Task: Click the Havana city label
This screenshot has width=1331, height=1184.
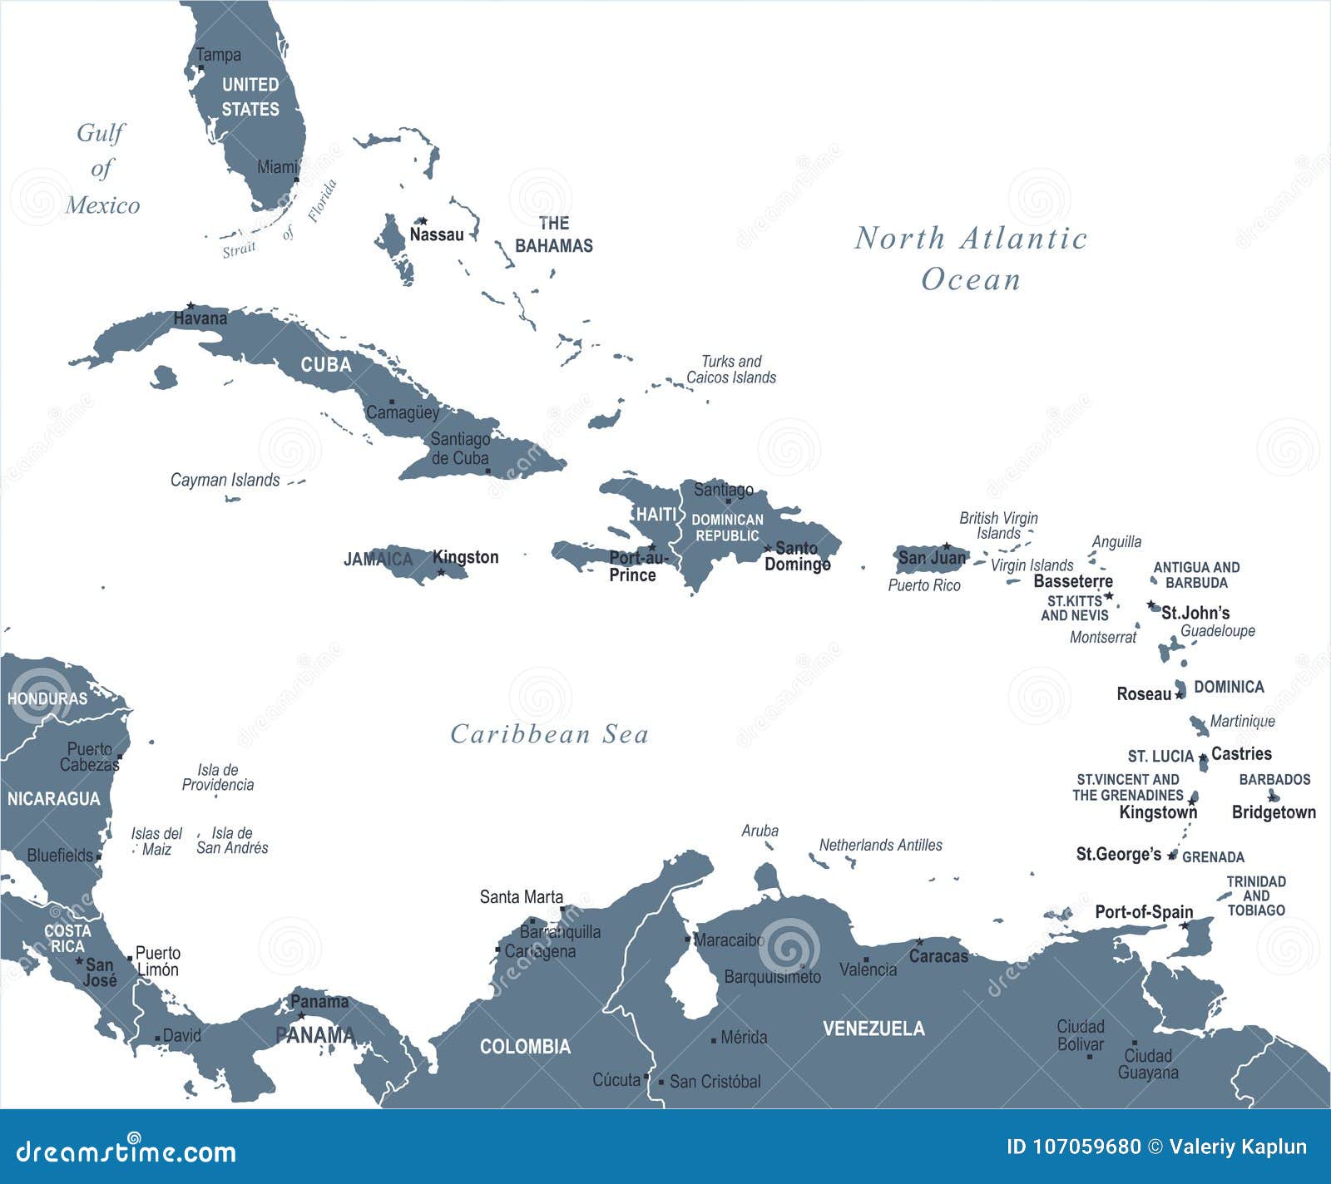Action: pos(200,318)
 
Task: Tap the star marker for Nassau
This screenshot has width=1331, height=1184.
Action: pos(423,221)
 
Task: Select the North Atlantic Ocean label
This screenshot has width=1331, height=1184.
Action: pos(971,259)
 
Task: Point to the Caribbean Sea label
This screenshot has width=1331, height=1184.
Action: pos(549,734)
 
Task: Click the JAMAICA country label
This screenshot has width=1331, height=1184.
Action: pos(378,559)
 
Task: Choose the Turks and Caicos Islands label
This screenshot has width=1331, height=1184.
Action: pos(730,369)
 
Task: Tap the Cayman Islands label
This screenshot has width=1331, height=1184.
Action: pos(225,480)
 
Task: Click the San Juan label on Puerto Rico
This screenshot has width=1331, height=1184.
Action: pos(932,558)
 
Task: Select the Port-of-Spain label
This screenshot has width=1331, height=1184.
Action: pos(1143,911)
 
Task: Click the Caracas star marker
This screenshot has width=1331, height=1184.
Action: pos(919,942)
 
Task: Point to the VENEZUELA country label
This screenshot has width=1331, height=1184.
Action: pos(873,1029)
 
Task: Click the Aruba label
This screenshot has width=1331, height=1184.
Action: pos(760,830)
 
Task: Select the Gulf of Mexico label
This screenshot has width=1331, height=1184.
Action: pos(101,169)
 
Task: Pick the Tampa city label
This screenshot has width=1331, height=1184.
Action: pos(218,55)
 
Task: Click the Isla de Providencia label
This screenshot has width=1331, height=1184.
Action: pos(218,777)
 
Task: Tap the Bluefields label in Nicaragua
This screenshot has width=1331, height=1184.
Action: pos(60,855)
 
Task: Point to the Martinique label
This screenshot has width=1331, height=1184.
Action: pos(1242,721)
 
